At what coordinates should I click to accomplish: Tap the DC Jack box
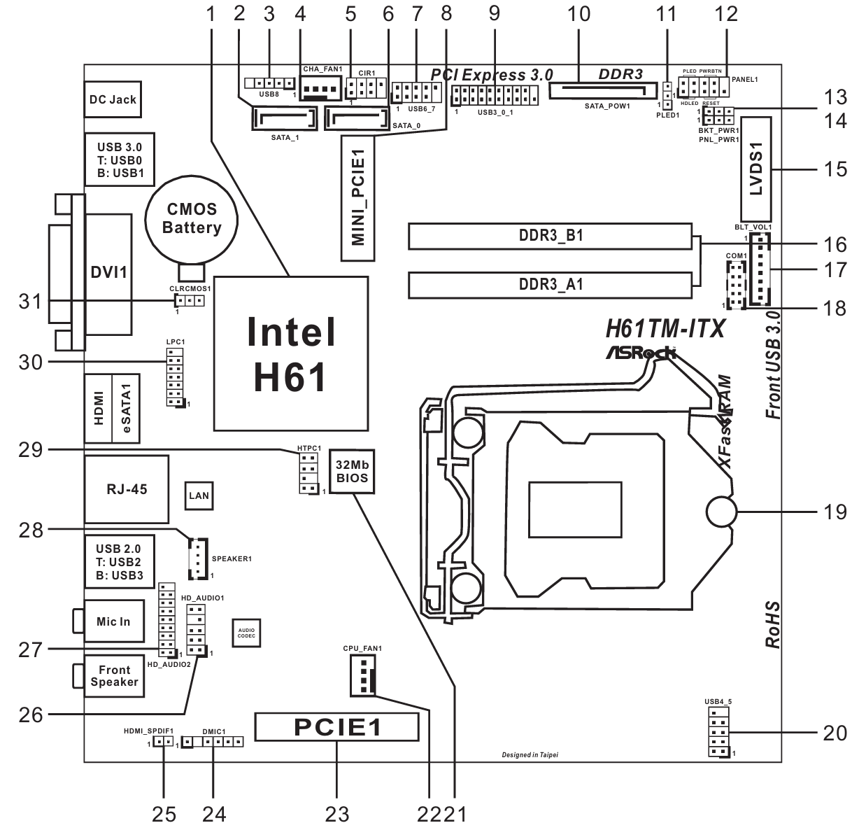[113, 99]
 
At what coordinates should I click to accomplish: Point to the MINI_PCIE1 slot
[358, 199]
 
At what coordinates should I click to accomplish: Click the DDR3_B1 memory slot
[551, 237]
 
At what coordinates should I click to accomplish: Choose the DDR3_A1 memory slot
[551, 285]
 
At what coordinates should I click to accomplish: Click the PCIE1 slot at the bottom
[337, 727]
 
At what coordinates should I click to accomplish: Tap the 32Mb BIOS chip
[352, 472]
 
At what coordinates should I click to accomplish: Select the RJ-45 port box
[127, 489]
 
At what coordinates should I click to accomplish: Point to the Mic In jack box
[113, 621]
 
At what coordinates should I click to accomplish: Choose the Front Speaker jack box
[114, 676]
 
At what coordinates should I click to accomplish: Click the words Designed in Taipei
[530, 755]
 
